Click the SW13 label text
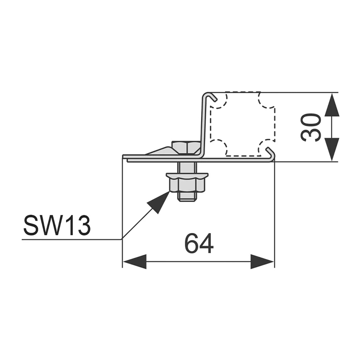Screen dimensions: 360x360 [57, 225]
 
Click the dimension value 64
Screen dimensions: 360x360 [199, 243]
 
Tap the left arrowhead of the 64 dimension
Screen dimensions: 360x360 [135, 262]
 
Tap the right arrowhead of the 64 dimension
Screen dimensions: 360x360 [262, 262]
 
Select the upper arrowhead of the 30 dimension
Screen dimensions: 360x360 [332, 105]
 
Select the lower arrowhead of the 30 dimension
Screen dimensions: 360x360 [332, 150]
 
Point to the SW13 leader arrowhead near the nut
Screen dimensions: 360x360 [159, 202]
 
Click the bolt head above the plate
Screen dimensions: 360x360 [186, 148]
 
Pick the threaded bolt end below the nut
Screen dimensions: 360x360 [187, 197]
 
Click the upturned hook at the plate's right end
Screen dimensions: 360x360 [271, 154]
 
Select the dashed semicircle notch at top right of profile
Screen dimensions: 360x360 [266, 100]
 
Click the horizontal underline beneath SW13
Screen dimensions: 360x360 [72, 240]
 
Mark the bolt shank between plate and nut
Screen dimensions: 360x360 [187, 168]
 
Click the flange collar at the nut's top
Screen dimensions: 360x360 [187, 176]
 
